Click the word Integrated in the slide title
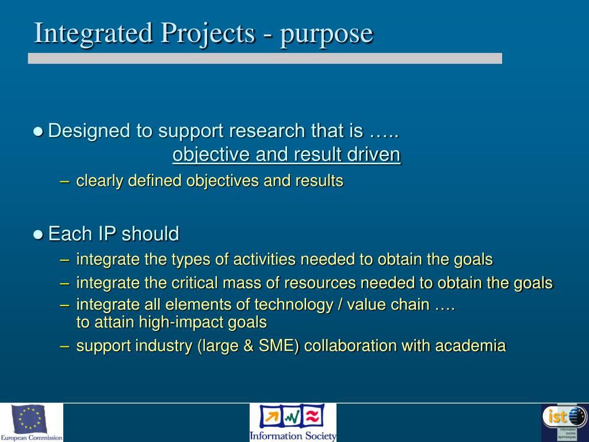click(x=93, y=33)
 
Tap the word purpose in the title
click(x=327, y=34)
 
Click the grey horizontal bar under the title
click(x=265, y=58)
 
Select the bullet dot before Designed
click(x=39, y=131)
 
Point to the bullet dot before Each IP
click(x=39, y=234)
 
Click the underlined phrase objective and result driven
click(x=286, y=155)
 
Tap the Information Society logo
click(x=292, y=421)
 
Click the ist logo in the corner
click(x=564, y=421)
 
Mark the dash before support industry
click(x=65, y=346)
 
